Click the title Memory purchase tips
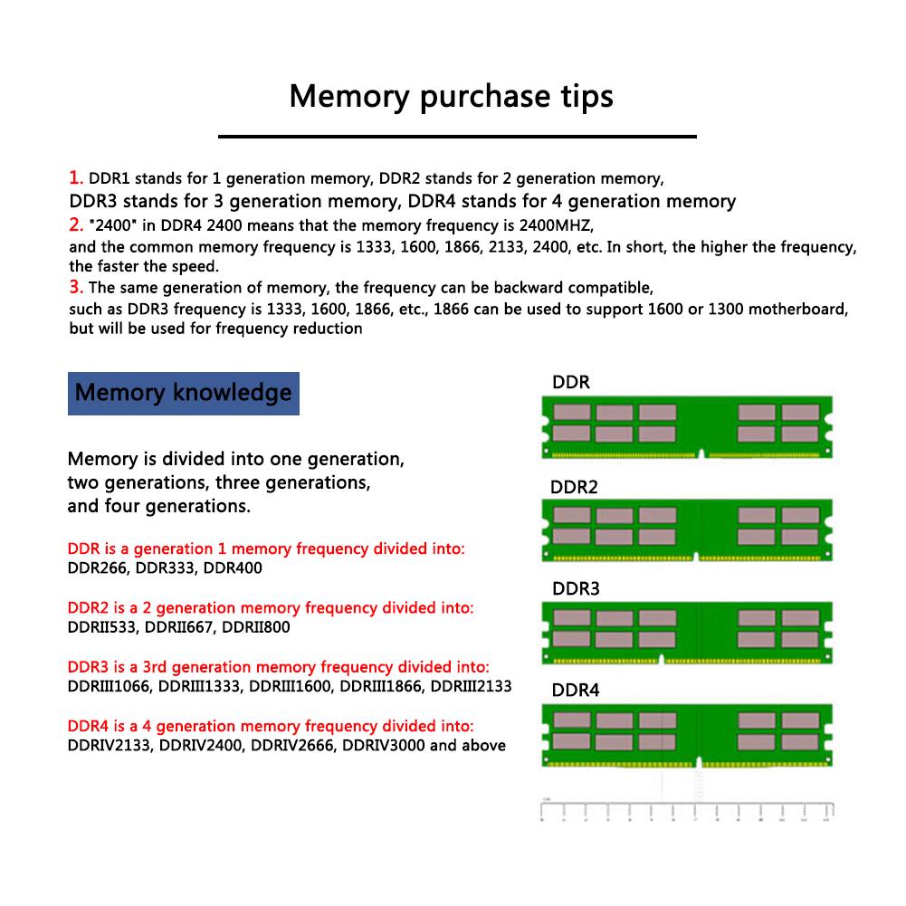(x=451, y=95)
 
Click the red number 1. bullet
(x=76, y=177)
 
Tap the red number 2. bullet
(x=76, y=224)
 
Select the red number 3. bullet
(x=76, y=288)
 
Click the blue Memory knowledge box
(x=183, y=393)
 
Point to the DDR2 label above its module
(x=574, y=487)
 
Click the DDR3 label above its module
(x=576, y=589)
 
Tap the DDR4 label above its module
(x=576, y=691)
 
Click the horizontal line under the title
(x=457, y=137)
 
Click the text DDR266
(x=97, y=568)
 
